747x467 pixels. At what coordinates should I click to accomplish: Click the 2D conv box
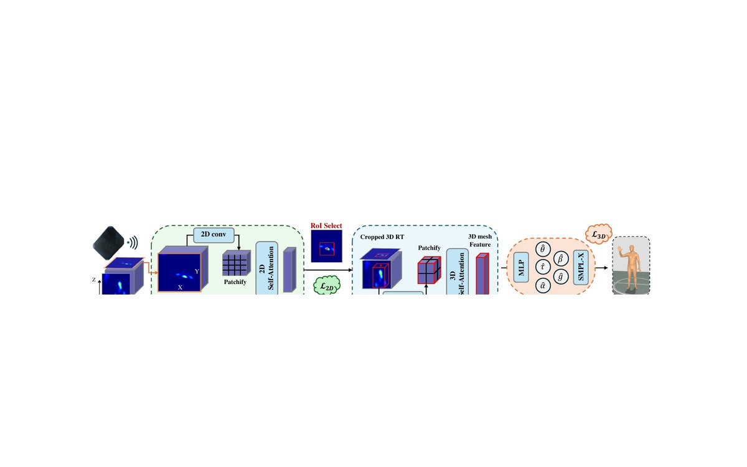coord(214,235)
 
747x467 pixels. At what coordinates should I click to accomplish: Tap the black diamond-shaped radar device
coord(109,243)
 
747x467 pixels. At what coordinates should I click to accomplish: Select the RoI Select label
coord(326,226)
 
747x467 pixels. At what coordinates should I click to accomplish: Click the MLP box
coord(521,268)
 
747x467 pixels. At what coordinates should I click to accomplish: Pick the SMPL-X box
coord(581,268)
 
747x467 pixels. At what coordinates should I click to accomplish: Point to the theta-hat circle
coord(543,250)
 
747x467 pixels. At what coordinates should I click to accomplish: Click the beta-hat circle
coord(561,259)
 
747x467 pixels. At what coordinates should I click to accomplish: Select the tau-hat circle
coord(543,268)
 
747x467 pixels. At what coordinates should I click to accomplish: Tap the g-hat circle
coord(561,277)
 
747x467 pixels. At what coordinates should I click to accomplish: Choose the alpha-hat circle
coord(543,286)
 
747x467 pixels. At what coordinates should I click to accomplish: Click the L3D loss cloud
coord(599,234)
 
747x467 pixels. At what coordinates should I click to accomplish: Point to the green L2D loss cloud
coord(327,286)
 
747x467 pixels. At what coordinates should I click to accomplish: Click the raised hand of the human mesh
coord(620,249)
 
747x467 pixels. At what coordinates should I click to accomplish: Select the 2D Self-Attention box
coord(267,268)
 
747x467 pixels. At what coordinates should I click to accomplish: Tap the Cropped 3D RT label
coord(382,237)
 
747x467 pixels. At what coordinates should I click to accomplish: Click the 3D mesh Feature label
coord(480,240)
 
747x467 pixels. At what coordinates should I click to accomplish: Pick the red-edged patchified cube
coord(429,270)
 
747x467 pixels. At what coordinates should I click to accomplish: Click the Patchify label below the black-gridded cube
coord(235,282)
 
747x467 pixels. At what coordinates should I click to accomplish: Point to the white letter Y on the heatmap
coord(197,271)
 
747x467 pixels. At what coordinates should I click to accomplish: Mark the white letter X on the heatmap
coord(180,287)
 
